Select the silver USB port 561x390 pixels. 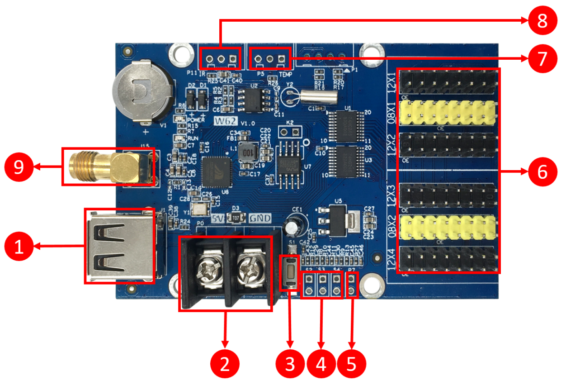coord(120,246)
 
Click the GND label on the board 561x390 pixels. coord(260,219)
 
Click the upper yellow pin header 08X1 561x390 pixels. coord(448,113)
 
